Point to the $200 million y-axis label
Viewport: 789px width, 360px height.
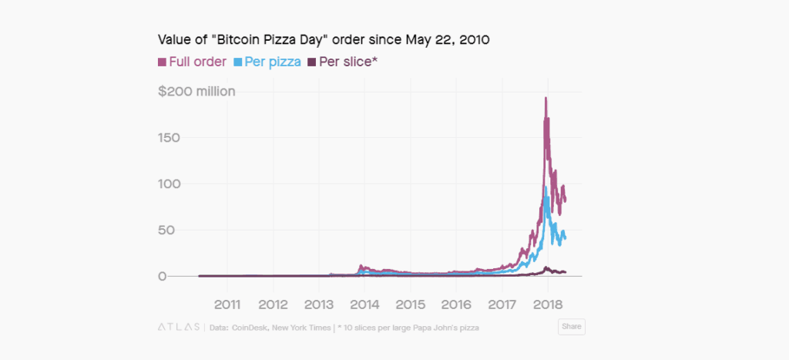pyautogui.click(x=196, y=92)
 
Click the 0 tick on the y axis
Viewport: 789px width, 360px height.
pyautogui.click(x=162, y=276)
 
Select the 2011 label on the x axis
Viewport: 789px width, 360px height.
pyautogui.click(x=227, y=302)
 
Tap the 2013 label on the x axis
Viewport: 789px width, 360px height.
pyautogui.click(x=318, y=302)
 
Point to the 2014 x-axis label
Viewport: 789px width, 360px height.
pyautogui.click(x=364, y=302)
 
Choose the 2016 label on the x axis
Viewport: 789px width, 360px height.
pyautogui.click(x=456, y=302)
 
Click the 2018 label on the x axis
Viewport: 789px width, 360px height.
pyautogui.click(x=548, y=302)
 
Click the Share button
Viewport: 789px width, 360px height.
pyautogui.click(x=571, y=327)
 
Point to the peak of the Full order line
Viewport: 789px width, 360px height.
pyautogui.click(x=546, y=99)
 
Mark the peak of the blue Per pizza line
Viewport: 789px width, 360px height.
pyautogui.click(x=546, y=187)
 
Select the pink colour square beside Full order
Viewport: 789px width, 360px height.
pyautogui.click(x=162, y=61)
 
